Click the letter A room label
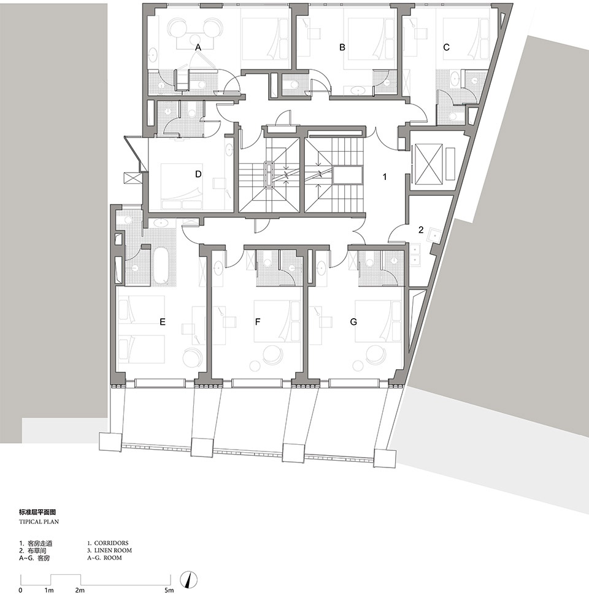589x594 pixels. [x=198, y=48]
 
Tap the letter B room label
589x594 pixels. [x=342, y=47]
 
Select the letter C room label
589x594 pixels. [x=447, y=47]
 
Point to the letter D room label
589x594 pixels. [x=198, y=174]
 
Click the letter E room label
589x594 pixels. [x=163, y=322]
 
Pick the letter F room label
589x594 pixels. [x=258, y=322]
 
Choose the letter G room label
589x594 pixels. [x=353, y=322]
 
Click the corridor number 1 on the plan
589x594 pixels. [x=385, y=177]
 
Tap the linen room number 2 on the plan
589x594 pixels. [x=421, y=230]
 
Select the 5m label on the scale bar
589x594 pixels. [x=169, y=590]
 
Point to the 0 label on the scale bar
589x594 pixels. [x=20, y=590]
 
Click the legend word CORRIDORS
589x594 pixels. [x=111, y=543]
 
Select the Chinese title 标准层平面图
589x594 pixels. [x=37, y=512]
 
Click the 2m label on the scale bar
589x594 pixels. [x=79, y=590]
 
